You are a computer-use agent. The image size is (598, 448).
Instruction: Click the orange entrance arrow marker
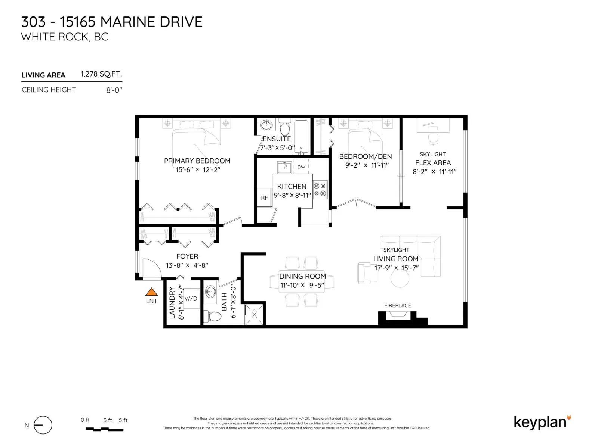151,292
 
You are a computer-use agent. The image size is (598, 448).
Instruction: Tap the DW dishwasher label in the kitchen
301,167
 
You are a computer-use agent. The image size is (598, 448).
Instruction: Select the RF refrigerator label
264,198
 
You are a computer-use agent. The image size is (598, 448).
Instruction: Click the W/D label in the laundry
191,298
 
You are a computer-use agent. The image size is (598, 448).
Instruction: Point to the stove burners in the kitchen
320,190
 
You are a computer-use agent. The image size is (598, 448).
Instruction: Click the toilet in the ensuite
285,127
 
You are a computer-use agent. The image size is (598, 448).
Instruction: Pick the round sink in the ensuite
266,125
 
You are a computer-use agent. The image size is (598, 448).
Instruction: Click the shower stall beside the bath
254,314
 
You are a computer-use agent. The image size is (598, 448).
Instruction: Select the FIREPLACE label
398,305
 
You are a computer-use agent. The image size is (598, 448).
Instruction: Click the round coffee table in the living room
400,278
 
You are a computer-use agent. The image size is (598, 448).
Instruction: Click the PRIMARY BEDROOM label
197,161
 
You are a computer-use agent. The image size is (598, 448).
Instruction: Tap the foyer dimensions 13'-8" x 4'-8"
187,265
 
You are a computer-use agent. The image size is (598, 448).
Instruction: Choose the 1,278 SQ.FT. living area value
101,74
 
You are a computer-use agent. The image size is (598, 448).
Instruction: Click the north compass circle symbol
43,425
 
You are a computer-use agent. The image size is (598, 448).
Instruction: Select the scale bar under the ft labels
104,429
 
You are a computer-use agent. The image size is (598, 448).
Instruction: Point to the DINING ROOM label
302,276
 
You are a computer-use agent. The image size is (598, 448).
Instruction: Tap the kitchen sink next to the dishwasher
284,167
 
